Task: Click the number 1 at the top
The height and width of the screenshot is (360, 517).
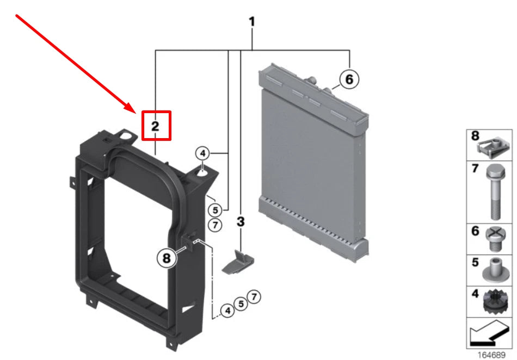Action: pyautogui.click(x=252, y=22)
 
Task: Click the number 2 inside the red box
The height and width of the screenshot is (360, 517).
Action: pyautogui.click(x=155, y=126)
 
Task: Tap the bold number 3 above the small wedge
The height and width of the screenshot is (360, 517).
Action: pyautogui.click(x=241, y=222)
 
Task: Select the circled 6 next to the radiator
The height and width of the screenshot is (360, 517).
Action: pyautogui.click(x=349, y=79)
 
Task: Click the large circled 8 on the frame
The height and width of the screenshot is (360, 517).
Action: pyautogui.click(x=167, y=258)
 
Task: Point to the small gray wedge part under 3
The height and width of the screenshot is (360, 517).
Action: pyautogui.click(x=238, y=263)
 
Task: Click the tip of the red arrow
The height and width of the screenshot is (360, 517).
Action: pyautogui.click(x=137, y=113)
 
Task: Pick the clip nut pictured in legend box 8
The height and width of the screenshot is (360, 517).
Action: pyautogui.click(x=494, y=147)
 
